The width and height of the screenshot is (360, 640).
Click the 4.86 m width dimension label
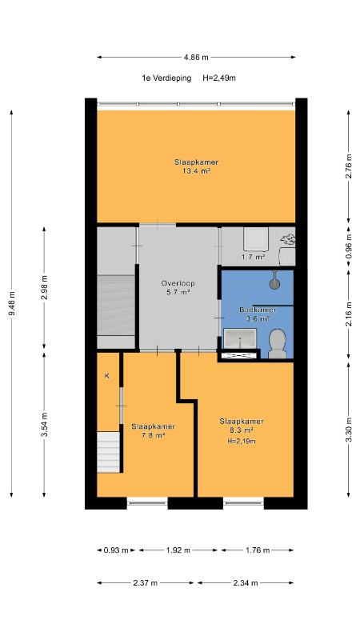[x=196, y=58]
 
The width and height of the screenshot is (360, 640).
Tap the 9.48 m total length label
[x=12, y=302]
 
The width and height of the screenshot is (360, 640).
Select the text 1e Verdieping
[x=166, y=78]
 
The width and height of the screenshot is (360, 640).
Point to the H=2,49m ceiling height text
[x=219, y=78]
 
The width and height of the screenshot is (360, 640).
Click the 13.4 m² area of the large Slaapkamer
[x=196, y=172]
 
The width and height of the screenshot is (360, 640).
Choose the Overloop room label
[x=178, y=283]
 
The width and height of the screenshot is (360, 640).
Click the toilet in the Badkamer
[x=278, y=344]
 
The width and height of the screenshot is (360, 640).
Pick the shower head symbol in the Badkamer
[x=274, y=281]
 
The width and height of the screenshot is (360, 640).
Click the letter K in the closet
[x=107, y=376]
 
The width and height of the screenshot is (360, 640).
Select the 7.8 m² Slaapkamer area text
[x=153, y=435]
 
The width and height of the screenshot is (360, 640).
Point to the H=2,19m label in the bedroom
[x=242, y=441]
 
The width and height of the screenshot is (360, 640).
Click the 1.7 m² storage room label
[x=254, y=257]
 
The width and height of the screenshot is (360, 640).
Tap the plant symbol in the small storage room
[x=288, y=239]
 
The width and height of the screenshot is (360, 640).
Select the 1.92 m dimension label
[x=178, y=550]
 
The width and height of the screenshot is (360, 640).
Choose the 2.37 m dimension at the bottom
[x=145, y=583]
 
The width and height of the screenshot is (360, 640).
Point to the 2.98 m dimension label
[x=45, y=288]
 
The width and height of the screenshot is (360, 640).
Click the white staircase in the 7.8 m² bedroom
[x=109, y=453]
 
